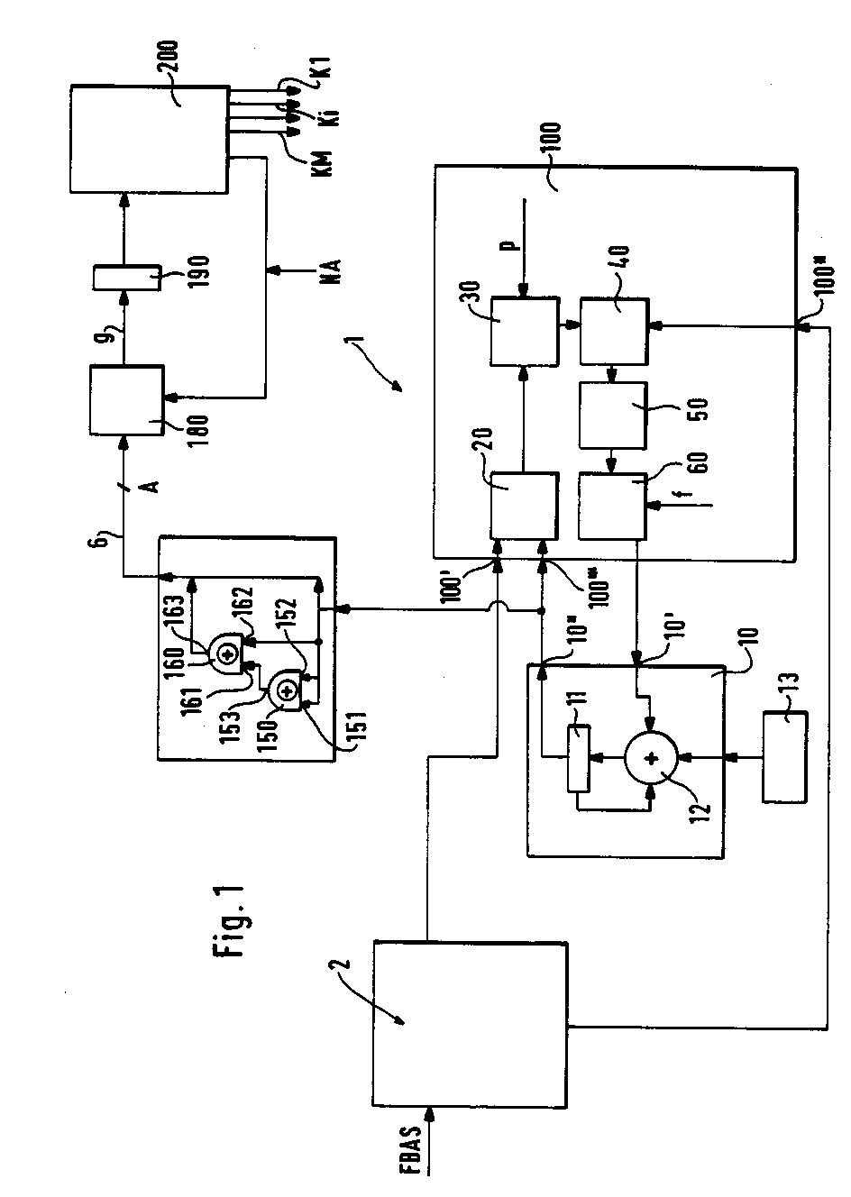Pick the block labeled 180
click(125, 399)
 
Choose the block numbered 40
click(613, 331)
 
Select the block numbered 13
click(785, 756)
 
